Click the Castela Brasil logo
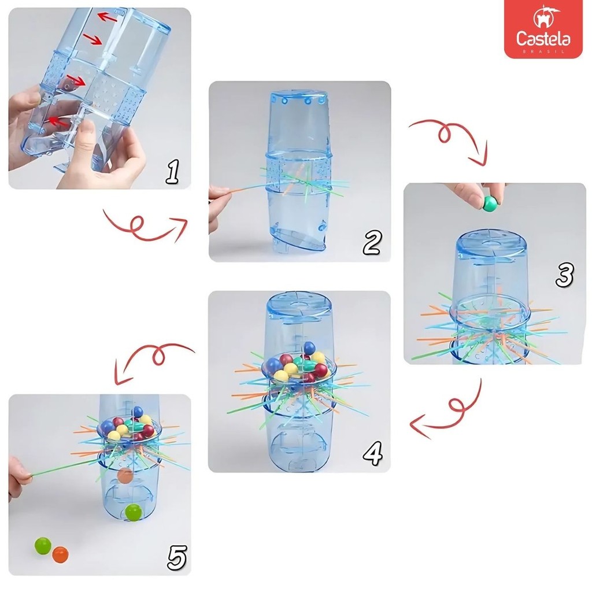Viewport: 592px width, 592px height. click(x=543, y=29)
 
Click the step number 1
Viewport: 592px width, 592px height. click(x=172, y=172)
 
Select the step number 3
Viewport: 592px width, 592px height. click(x=564, y=274)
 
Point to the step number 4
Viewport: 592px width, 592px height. click(x=373, y=453)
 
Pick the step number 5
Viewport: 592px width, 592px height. click(x=177, y=557)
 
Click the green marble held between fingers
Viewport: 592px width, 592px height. click(x=490, y=203)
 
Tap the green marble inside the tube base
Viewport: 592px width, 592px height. click(x=134, y=513)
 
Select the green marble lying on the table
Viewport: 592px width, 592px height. click(x=43, y=546)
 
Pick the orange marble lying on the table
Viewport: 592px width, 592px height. click(x=60, y=554)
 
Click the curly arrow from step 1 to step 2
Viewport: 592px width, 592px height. click(x=146, y=226)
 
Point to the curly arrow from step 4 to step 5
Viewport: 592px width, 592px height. click(x=155, y=357)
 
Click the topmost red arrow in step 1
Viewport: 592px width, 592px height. click(x=107, y=17)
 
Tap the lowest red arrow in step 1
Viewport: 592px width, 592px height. click(x=57, y=121)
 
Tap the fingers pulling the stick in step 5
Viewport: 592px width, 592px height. click(x=19, y=478)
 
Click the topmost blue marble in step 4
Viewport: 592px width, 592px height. click(x=309, y=347)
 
